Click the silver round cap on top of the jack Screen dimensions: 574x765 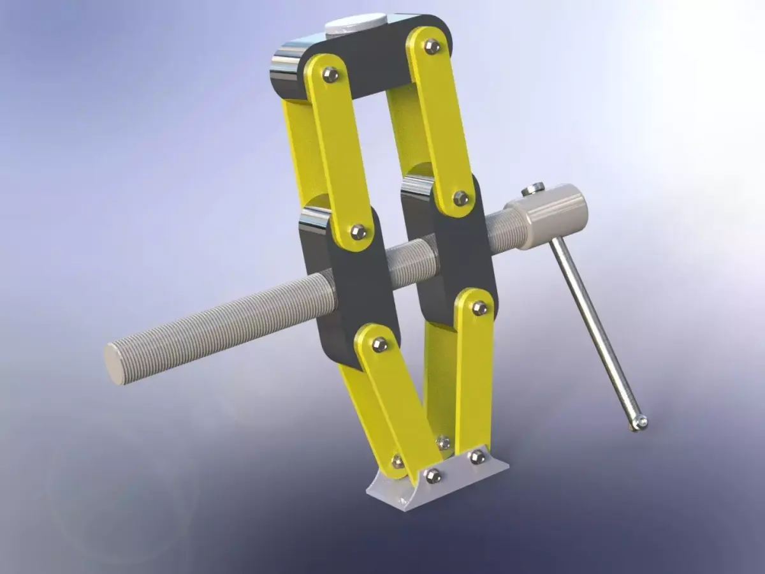pos(355,26)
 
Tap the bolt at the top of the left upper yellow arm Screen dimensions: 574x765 pos(330,75)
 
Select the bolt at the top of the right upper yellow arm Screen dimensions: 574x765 pos(432,45)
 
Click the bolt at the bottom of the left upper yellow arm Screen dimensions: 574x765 pos(358,232)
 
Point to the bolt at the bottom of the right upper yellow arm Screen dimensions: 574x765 pos(460,198)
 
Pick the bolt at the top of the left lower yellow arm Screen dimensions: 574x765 pos(379,344)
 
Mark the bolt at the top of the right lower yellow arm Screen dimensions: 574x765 pos(479,309)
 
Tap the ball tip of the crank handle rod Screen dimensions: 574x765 pos(640,422)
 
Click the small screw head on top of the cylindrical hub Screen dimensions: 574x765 pos(533,189)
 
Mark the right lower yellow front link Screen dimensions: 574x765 pos(476,376)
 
